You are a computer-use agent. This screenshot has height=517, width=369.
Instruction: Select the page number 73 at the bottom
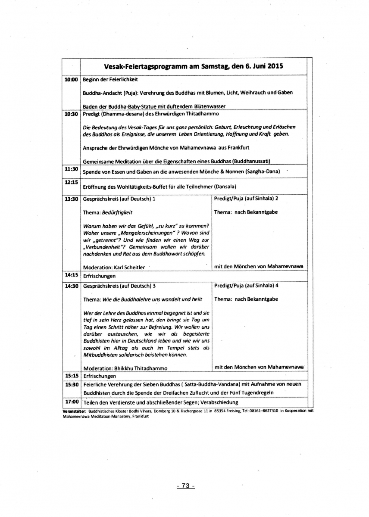pyautogui.click(x=186, y=486)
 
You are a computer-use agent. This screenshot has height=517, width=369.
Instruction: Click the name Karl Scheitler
pyautogui.click(x=127, y=267)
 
